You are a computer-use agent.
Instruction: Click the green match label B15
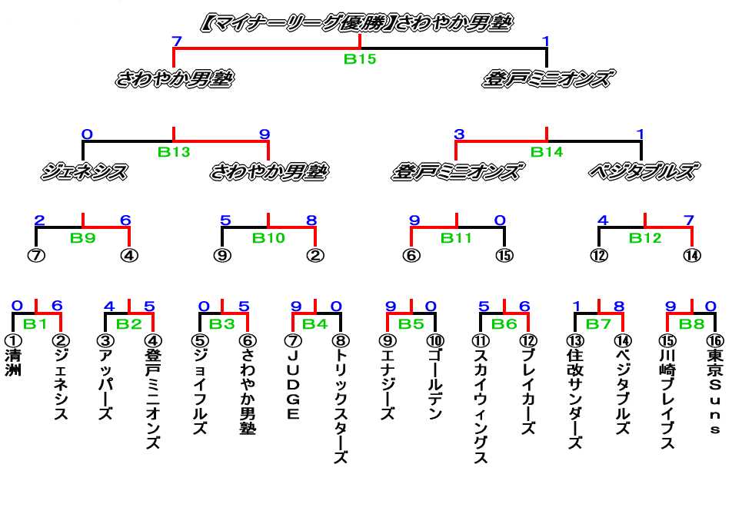[x=359, y=59]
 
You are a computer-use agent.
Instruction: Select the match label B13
[x=174, y=151]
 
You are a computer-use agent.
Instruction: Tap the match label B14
[x=547, y=151]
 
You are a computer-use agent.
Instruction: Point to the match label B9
[x=82, y=237]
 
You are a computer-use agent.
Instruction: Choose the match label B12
[x=645, y=237]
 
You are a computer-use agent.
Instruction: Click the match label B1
[x=35, y=323]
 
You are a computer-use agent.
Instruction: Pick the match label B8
[x=692, y=323]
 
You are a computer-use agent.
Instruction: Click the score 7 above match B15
[x=177, y=41]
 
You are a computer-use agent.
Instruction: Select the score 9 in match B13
[x=265, y=134]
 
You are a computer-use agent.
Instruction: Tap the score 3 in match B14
[x=459, y=134]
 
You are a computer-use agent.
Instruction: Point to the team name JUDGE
[x=293, y=385]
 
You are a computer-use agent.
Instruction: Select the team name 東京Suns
[x=714, y=393]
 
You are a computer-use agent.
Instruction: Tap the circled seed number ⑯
[x=714, y=340]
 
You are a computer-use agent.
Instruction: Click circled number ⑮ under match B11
[x=504, y=255]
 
